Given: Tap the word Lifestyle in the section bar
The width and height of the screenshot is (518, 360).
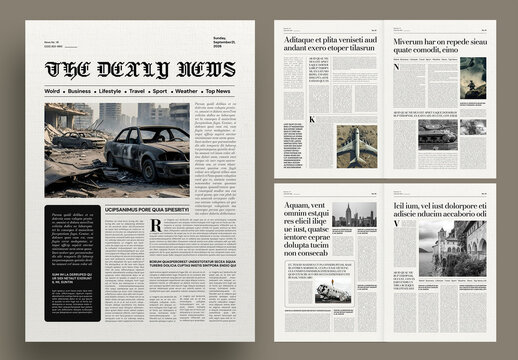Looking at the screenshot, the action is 109,91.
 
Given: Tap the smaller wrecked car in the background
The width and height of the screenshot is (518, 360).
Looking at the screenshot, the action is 80,139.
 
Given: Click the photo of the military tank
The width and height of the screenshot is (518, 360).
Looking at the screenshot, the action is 437,134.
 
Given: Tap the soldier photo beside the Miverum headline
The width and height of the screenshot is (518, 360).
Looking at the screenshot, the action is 473,72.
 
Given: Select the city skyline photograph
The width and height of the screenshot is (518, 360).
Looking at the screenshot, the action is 356,215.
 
